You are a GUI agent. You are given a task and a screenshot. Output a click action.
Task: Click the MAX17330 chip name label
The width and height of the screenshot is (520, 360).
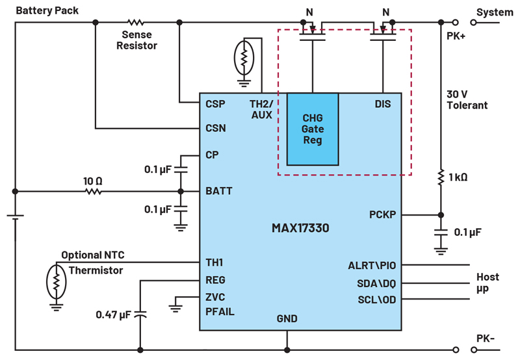(x=300, y=228)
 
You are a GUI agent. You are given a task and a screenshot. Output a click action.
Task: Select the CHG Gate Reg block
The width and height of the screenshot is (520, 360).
(x=313, y=129)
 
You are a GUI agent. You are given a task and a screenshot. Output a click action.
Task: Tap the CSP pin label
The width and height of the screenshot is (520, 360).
(x=215, y=103)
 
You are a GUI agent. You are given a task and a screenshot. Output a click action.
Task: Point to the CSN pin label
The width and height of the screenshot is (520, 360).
(x=215, y=128)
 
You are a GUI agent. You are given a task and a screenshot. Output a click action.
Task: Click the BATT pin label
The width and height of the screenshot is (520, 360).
(x=218, y=192)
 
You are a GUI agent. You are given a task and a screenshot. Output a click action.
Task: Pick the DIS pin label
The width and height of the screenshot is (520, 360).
(x=383, y=103)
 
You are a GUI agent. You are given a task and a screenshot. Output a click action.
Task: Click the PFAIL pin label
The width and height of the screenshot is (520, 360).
(x=220, y=312)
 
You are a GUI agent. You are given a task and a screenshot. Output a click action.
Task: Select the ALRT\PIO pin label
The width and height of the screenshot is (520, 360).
(x=372, y=265)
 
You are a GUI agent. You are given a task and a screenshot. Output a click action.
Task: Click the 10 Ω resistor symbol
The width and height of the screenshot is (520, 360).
(x=93, y=192)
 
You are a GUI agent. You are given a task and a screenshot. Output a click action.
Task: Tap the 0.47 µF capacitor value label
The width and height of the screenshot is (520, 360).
(x=113, y=315)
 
